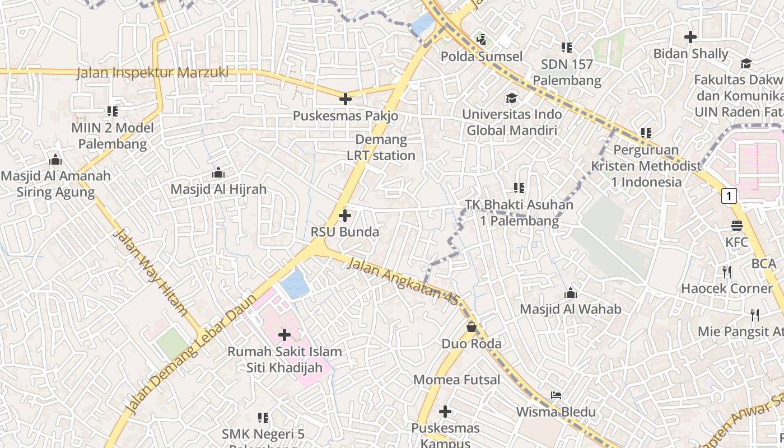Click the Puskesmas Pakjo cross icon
pyautogui.click(x=346, y=99)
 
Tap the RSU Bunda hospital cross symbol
pyautogui.click(x=345, y=215)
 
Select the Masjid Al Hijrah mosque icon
pyautogui.click(x=218, y=172)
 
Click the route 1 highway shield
pyautogui.click(x=728, y=196)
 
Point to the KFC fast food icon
pyautogui.click(x=736, y=226)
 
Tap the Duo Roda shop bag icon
pyautogui.click(x=472, y=326)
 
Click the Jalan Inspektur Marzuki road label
pyautogui.click(x=152, y=73)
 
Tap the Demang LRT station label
pyautogui.click(x=381, y=147)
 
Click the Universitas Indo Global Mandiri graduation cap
pyautogui.click(x=511, y=98)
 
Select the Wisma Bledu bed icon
pyautogui.click(x=556, y=395)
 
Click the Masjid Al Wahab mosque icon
pyautogui.click(x=570, y=292)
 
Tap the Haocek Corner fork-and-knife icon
pyautogui.click(x=727, y=272)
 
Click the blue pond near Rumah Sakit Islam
pyautogui.click(x=295, y=283)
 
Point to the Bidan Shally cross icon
pyautogui.click(x=690, y=37)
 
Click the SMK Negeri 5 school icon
pyautogui.click(x=263, y=417)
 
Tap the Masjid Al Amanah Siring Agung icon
pyautogui.click(x=55, y=160)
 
